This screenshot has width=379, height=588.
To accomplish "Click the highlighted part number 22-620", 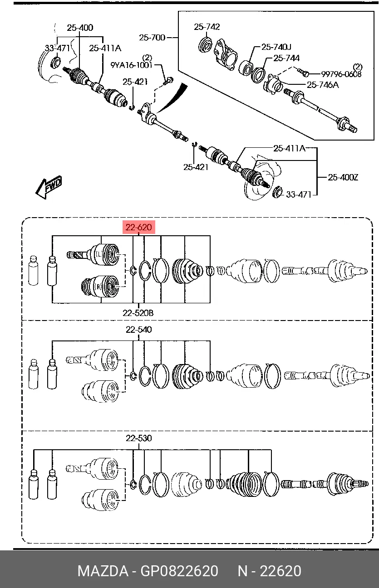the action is [x=139, y=227].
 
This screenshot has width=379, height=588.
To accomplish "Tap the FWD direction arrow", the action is [x=49, y=187].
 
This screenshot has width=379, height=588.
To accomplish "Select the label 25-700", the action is [x=152, y=38].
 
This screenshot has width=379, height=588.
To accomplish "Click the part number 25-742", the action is [x=207, y=27].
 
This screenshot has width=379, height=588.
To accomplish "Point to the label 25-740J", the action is [x=276, y=47].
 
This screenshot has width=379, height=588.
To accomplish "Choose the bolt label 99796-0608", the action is [x=341, y=74].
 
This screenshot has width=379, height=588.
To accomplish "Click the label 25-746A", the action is [x=323, y=85].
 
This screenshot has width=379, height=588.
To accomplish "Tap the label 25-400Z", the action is [x=343, y=177].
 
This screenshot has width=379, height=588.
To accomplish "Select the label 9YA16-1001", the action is [x=131, y=65].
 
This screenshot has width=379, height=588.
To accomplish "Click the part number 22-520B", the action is [x=138, y=313].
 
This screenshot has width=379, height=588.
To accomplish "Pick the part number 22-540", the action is [x=139, y=330].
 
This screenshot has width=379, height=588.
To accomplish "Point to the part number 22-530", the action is [x=139, y=438].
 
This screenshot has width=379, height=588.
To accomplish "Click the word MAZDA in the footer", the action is [x=103, y=571].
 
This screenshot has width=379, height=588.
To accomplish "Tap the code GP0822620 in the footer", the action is [x=179, y=571].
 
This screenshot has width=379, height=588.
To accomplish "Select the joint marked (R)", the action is [x=100, y=287].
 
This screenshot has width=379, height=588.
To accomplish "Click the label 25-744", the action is [x=286, y=58].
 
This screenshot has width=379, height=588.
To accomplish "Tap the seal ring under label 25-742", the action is [x=205, y=45].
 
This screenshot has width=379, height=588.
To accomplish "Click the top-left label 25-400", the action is [x=80, y=28].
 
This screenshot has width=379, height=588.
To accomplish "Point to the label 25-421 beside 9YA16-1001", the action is [x=135, y=82].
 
